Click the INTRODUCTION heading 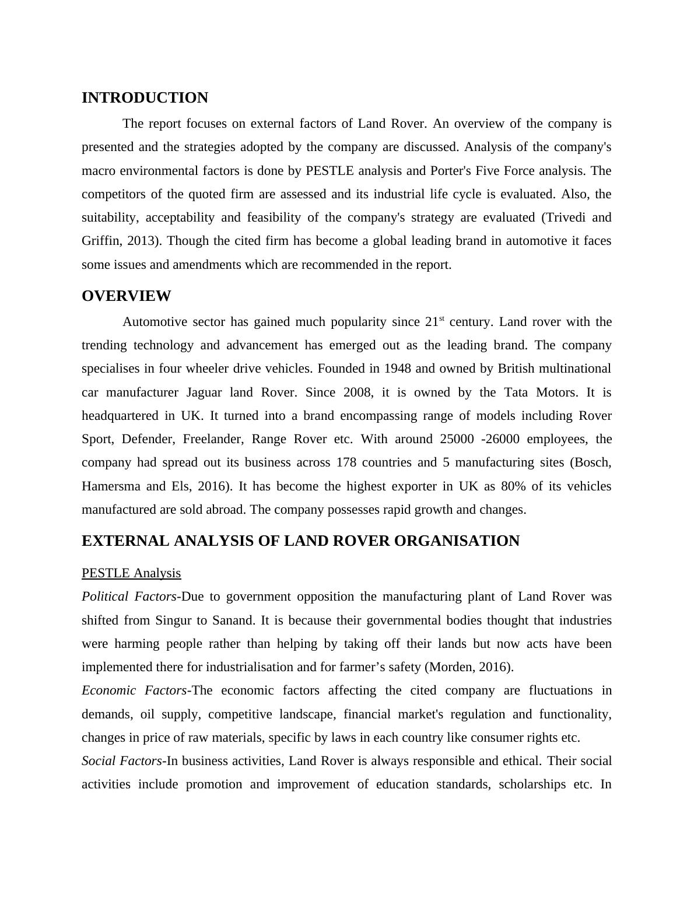click(x=145, y=98)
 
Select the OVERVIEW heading click(x=126, y=296)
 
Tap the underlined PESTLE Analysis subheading click(x=131, y=573)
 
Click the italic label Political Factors click(x=129, y=597)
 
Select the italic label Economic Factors click(x=134, y=690)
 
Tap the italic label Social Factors click(x=122, y=761)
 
